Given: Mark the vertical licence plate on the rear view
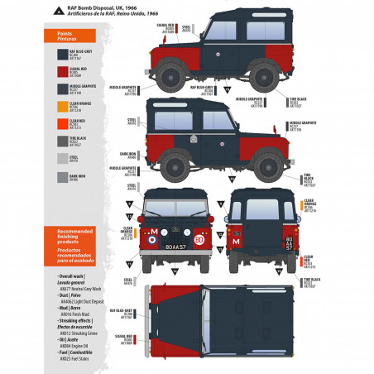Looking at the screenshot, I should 289,243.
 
